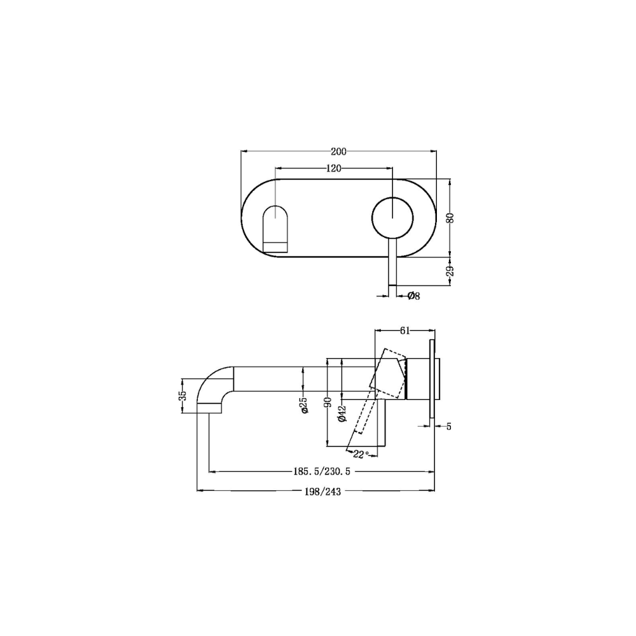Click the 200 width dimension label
click(x=338, y=151)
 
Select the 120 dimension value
click(x=334, y=168)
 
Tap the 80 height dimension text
click(x=450, y=217)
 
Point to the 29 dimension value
click(x=450, y=270)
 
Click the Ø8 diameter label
click(x=413, y=295)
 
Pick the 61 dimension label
click(x=405, y=330)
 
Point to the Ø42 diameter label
click(x=342, y=414)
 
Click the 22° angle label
click(x=361, y=454)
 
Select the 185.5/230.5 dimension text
click(x=322, y=471)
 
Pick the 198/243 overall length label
click(x=324, y=490)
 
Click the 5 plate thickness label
click(x=448, y=426)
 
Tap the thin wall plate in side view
click(x=433, y=380)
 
